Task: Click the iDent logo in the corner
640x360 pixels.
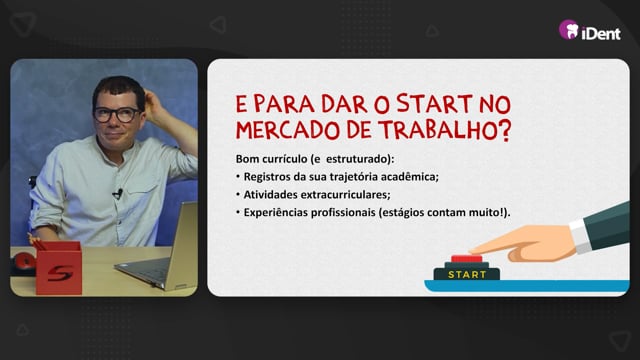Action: (590, 30)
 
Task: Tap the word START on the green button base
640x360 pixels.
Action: (467, 275)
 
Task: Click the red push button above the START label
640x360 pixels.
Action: (467, 259)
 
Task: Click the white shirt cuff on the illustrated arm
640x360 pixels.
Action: (580, 236)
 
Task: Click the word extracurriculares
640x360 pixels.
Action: (345, 195)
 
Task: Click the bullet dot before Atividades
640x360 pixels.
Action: (238, 194)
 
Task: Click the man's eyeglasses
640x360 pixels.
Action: (117, 115)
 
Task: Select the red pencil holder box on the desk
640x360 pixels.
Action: (59, 268)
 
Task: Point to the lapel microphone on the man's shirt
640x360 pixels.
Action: (118, 193)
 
